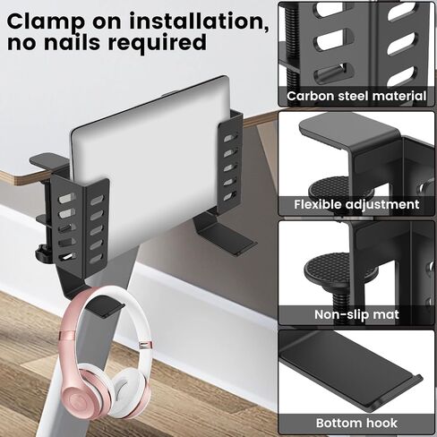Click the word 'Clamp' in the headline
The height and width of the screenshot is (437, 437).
click(x=46, y=21)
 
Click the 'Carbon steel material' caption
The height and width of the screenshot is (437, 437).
click(x=356, y=96)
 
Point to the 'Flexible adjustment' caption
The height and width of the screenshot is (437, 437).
click(x=356, y=204)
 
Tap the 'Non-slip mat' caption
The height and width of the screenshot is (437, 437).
click(x=356, y=314)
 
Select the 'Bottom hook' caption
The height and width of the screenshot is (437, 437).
click(x=356, y=423)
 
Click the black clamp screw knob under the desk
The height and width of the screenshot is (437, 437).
click(x=43, y=253)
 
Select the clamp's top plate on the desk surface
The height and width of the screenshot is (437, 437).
click(x=47, y=160)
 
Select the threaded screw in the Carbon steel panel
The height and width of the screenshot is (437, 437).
click(x=291, y=45)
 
